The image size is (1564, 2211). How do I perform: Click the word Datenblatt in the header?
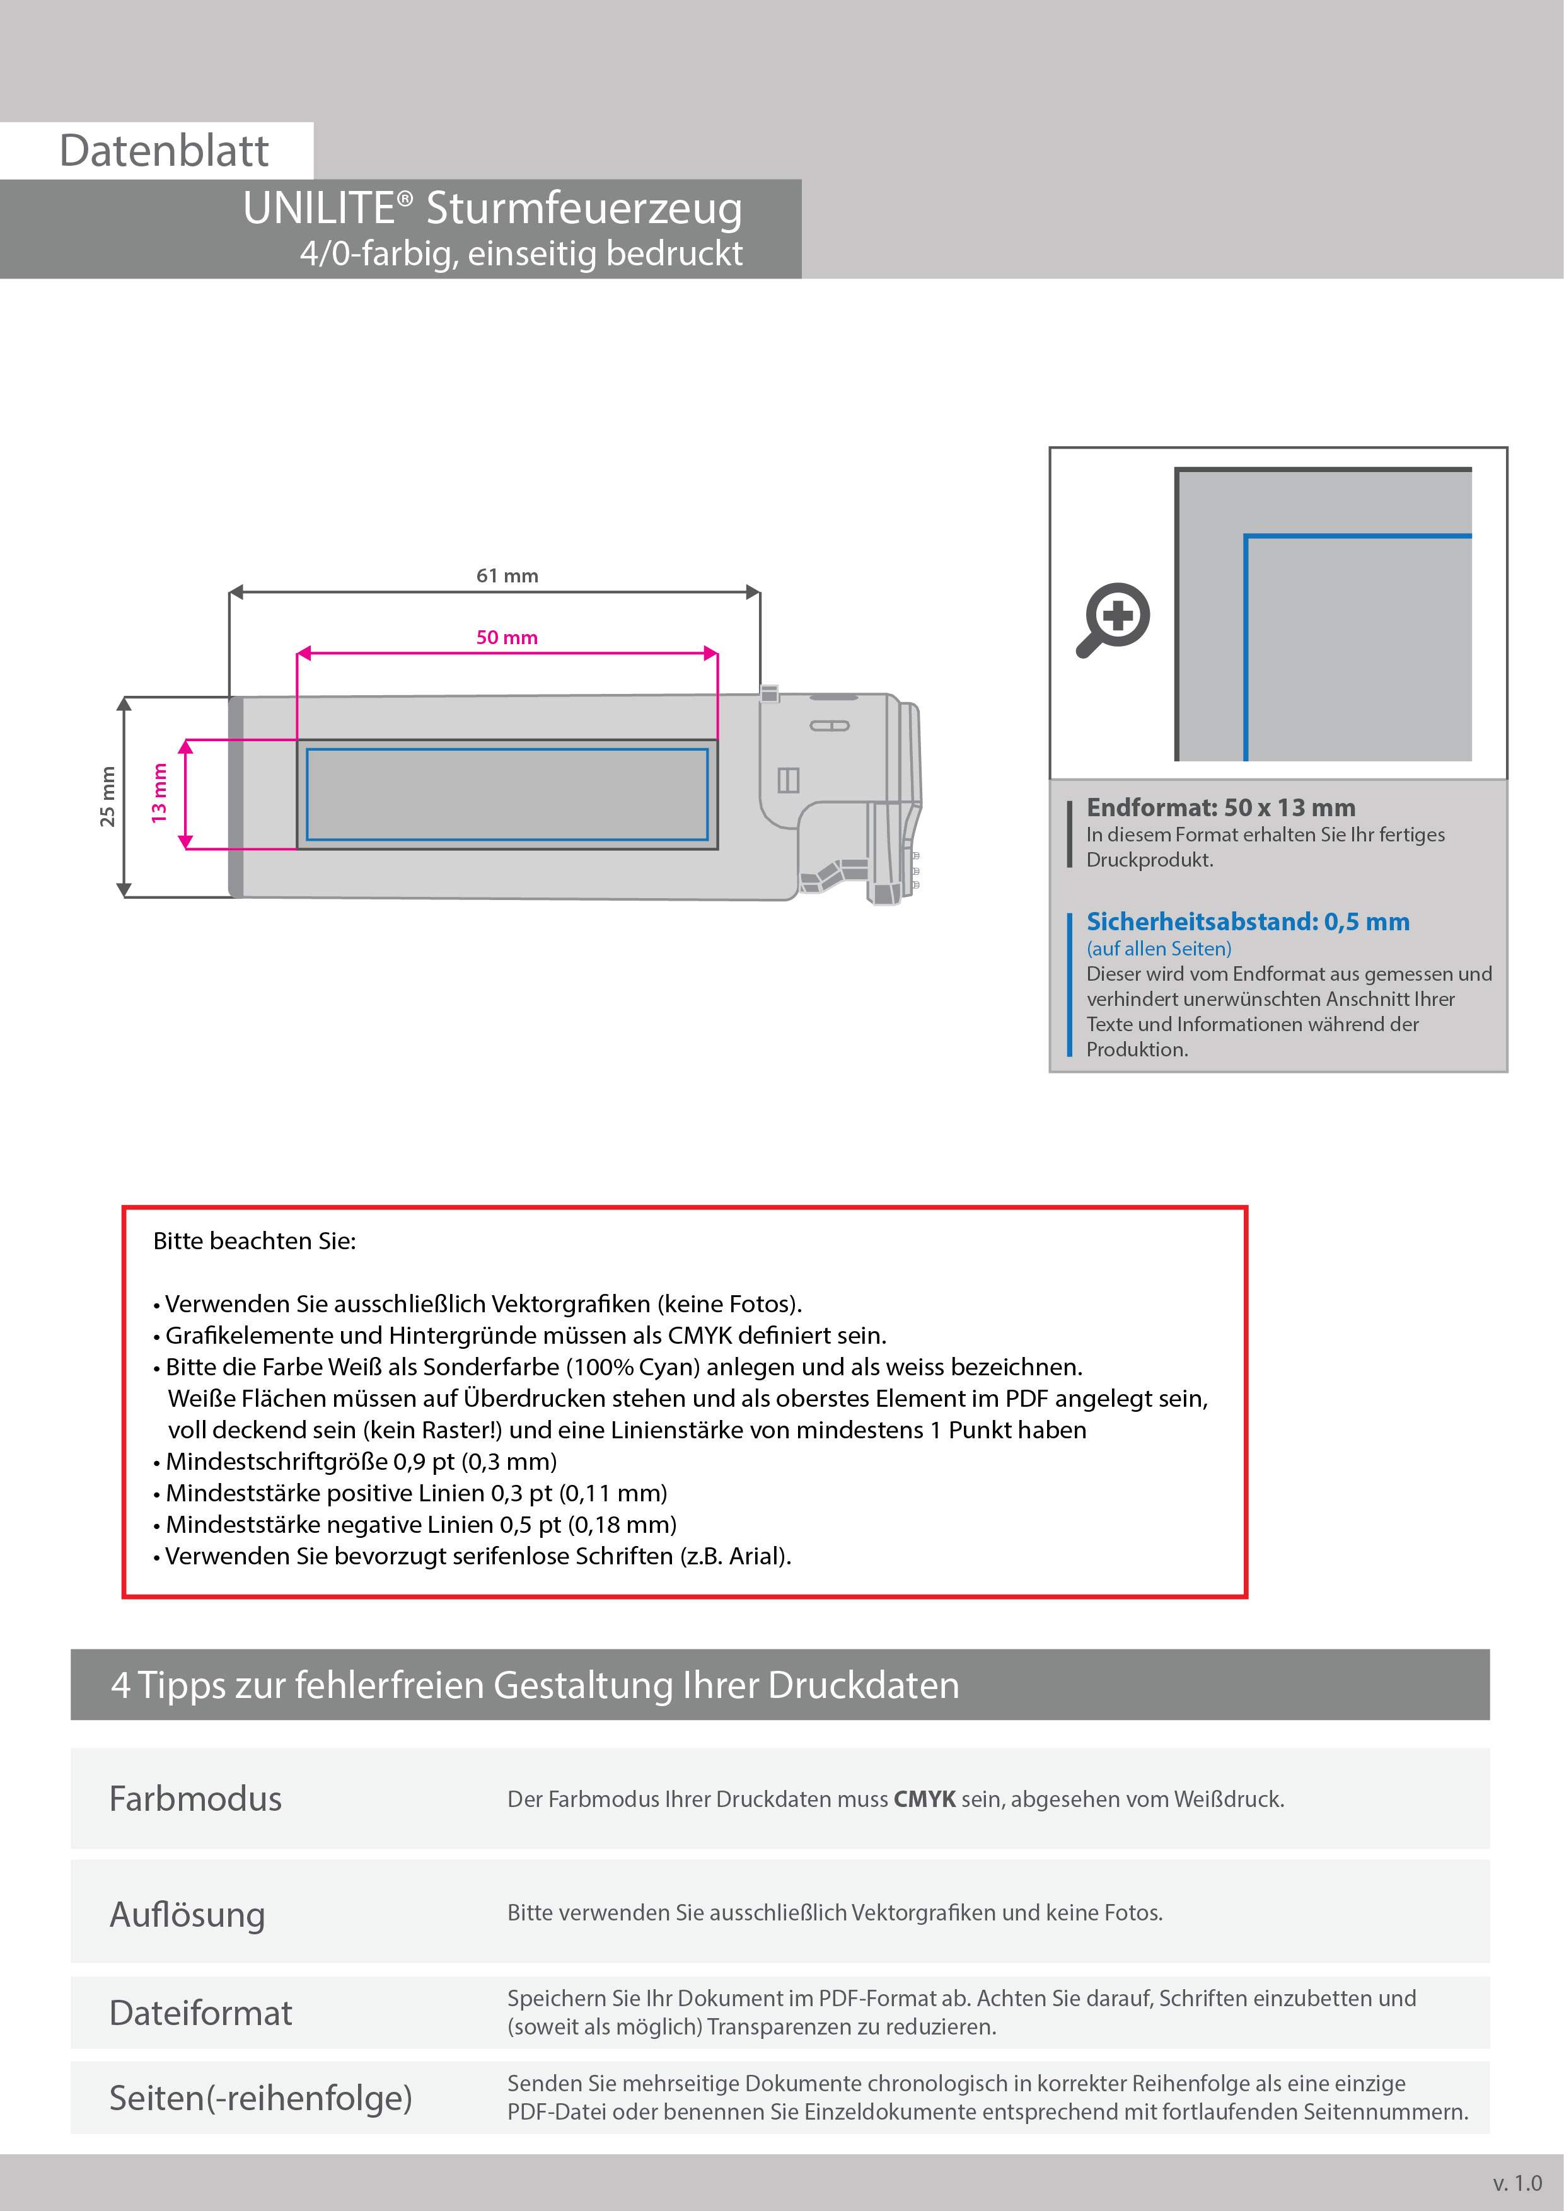tap(164, 151)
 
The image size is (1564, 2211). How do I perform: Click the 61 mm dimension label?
tap(507, 576)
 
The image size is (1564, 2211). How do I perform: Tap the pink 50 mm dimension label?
tap(507, 637)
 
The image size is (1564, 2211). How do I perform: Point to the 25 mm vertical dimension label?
tap(107, 797)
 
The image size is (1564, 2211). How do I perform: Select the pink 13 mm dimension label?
tap(159, 792)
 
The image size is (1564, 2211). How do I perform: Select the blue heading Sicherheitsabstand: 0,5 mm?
tap(1247, 921)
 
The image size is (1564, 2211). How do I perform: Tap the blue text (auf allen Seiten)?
tap(1159, 949)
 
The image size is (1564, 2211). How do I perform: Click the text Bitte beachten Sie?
tap(254, 1241)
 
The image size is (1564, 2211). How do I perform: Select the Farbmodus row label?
tap(195, 1799)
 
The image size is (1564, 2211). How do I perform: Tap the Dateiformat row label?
tap(200, 2012)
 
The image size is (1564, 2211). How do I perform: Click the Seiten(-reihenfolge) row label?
tap(260, 2098)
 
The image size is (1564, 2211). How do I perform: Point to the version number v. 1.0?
tap(1517, 2183)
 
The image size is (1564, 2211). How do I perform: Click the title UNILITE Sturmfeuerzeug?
tap(492, 208)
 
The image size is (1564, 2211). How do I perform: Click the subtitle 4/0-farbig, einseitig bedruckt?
tap(521, 253)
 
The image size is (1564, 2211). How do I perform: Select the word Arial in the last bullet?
tap(756, 1556)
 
